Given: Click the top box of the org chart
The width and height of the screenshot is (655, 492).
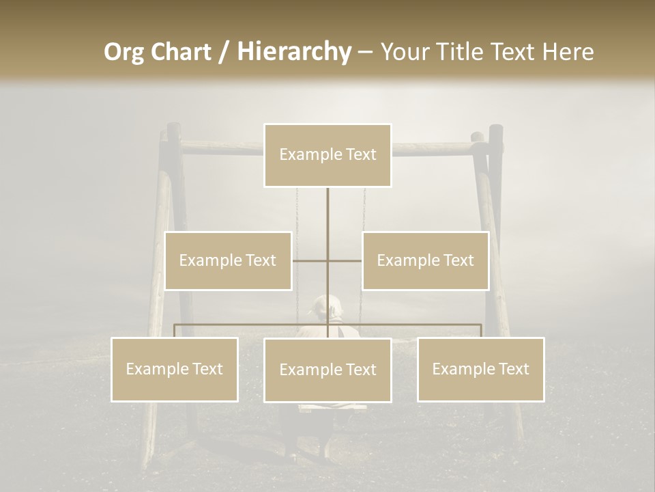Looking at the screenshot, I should click(x=327, y=155).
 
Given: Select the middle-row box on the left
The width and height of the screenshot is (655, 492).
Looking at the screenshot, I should click(x=228, y=260).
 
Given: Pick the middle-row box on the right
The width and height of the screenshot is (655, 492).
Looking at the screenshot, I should click(x=425, y=260).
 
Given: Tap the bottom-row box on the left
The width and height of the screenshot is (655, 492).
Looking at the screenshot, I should click(x=175, y=369).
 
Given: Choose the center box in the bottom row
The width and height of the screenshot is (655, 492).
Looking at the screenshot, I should click(x=327, y=370).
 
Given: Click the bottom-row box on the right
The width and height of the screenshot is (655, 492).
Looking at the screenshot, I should click(x=480, y=369).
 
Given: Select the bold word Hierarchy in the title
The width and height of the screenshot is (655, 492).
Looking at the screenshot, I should click(x=293, y=52).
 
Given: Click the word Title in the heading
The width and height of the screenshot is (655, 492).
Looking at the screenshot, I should click(x=459, y=52).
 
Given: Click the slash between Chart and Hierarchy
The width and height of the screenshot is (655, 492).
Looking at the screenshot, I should click(x=224, y=52).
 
